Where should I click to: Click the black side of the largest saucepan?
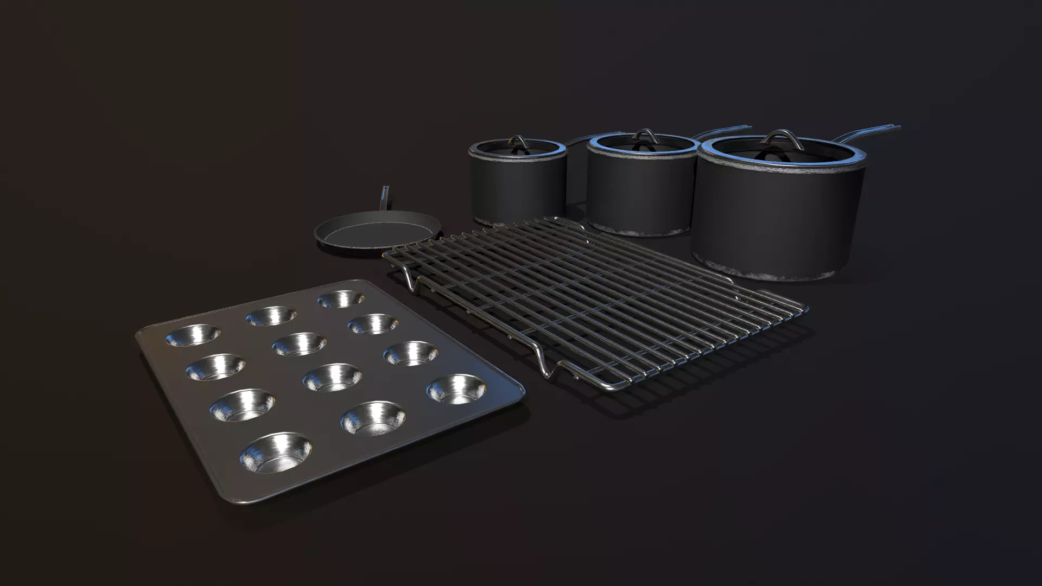776,217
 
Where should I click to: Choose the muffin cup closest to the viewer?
276,452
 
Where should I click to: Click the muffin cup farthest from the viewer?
341,298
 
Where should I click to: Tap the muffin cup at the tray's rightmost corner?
456,389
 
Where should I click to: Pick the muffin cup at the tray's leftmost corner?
193,335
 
